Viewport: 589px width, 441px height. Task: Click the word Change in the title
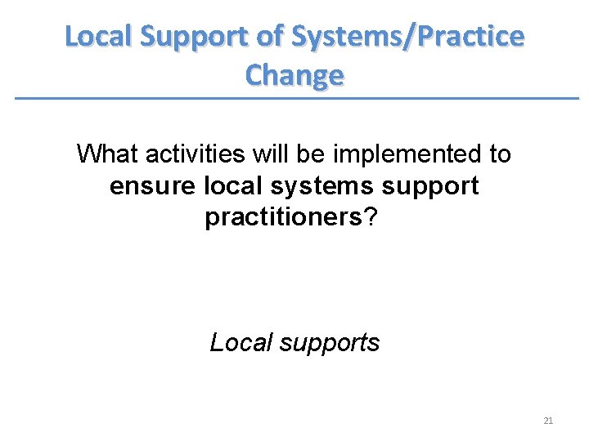[294, 75]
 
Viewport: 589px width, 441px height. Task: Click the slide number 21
[548, 421]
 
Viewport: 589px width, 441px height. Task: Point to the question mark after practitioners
[374, 219]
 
